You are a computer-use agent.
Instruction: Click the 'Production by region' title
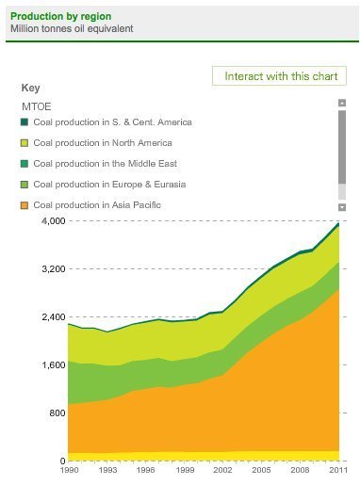pyautogui.click(x=61, y=16)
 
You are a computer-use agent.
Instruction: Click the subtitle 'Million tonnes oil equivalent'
pyautogui.click(x=72, y=28)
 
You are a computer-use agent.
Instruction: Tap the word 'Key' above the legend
pyautogui.click(x=30, y=88)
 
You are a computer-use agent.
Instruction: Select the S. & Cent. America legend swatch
pyautogui.click(x=25, y=121)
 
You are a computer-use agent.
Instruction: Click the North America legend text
pyautogui.click(x=103, y=143)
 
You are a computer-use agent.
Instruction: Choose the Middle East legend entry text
pyautogui.click(x=106, y=164)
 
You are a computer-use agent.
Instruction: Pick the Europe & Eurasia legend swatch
pyautogui.click(x=25, y=185)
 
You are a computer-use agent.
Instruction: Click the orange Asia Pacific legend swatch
pyautogui.click(x=25, y=205)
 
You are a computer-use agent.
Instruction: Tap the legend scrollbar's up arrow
pyautogui.click(x=342, y=103)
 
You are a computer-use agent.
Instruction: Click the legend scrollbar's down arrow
pyautogui.click(x=342, y=207)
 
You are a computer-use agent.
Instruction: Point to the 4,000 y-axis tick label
pyautogui.click(x=54, y=221)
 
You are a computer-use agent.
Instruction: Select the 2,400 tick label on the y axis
pyautogui.click(x=54, y=316)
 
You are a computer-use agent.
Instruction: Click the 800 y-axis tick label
pyautogui.click(x=57, y=412)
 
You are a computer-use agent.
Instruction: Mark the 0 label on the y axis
pyautogui.click(x=62, y=461)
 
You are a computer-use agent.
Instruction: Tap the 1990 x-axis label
pyautogui.click(x=69, y=470)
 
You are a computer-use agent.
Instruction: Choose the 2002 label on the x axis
pyautogui.click(x=222, y=470)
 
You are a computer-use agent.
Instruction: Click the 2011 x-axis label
pyautogui.click(x=338, y=470)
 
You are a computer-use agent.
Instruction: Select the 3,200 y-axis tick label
pyautogui.click(x=54, y=269)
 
